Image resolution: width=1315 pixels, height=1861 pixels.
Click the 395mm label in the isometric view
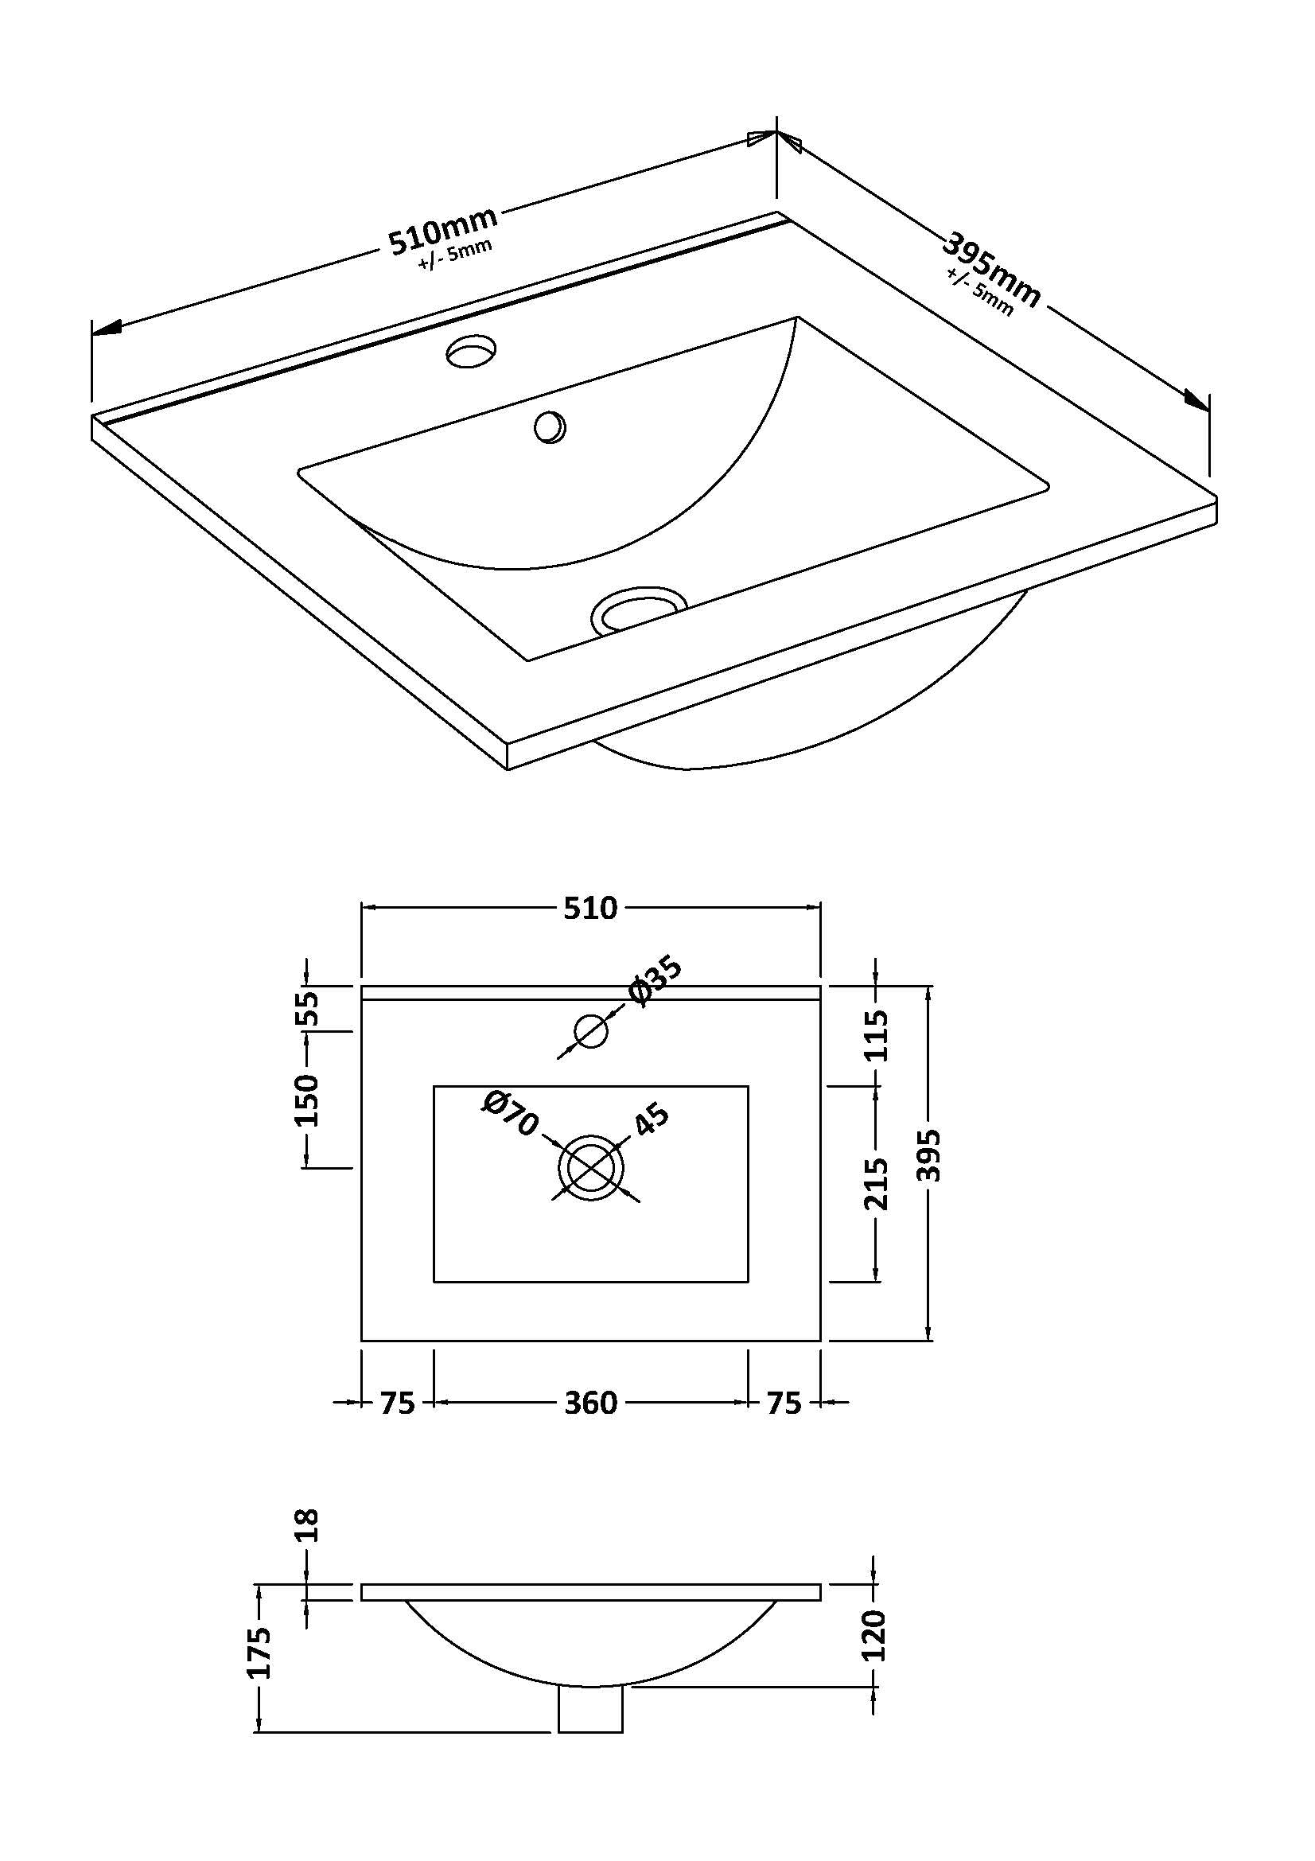click(x=992, y=270)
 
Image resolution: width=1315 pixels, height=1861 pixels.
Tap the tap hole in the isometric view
click(x=472, y=352)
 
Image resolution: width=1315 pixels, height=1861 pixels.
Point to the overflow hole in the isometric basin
click(x=550, y=426)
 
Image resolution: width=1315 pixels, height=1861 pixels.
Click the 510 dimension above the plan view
click(x=590, y=908)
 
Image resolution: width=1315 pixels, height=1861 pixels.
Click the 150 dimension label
click(x=307, y=1100)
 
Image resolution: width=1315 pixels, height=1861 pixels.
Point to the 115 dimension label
click(x=876, y=1035)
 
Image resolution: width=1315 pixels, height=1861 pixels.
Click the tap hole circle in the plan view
click(x=590, y=1031)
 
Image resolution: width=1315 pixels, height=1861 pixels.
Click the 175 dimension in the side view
click(x=260, y=1653)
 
